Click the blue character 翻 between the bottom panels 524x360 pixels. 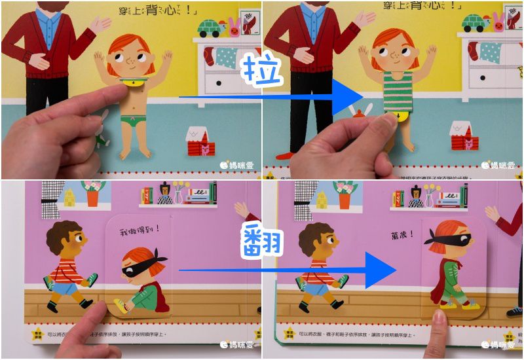pos(261,240)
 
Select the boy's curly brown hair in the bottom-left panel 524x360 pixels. pos(60,234)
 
